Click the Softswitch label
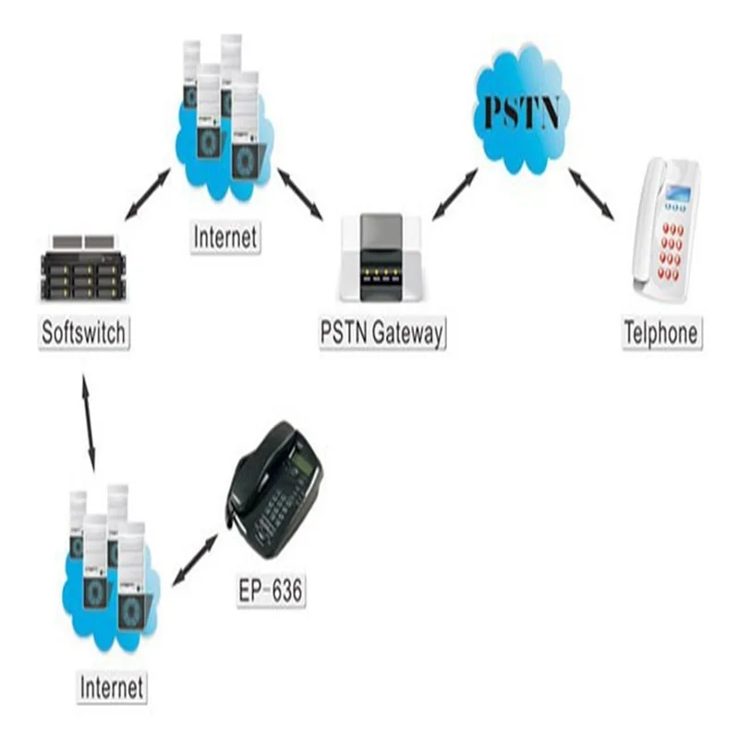(x=83, y=333)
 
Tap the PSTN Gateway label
(x=382, y=333)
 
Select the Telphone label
(x=661, y=333)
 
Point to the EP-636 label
(x=271, y=590)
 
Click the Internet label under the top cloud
(x=225, y=237)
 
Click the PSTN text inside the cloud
(x=522, y=113)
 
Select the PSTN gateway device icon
(x=382, y=258)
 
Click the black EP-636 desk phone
(x=274, y=491)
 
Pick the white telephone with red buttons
(x=666, y=231)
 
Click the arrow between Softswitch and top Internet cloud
(x=148, y=195)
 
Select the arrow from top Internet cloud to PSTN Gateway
(x=299, y=194)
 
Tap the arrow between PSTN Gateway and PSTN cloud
(x=455, y=194)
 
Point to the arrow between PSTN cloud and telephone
(x=591, y=194)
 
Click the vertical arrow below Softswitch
(x=89, y=423)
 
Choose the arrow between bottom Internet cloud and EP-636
(x=195, y=560)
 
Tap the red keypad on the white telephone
(x=672, y=251)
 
